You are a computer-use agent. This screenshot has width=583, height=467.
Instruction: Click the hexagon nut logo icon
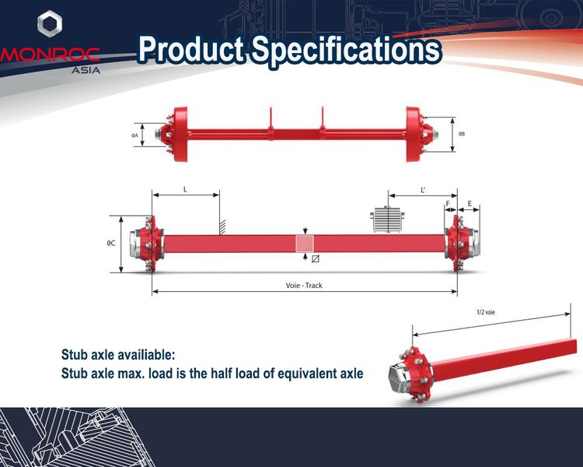(x=50, y=23)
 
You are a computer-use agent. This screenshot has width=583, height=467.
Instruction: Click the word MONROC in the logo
(x=50, y=54)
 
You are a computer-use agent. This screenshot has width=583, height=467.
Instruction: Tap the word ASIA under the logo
(x=86, y=70)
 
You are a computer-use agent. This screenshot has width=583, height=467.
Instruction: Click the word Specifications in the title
(x=347, y=50)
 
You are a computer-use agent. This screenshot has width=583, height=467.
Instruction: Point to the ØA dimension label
(x=134, y=135)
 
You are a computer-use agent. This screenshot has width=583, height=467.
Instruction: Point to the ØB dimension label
(x=462, y=134)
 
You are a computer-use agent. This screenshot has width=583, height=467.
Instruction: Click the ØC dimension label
(x=111, y=243)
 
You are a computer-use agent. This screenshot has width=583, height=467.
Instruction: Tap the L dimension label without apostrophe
(x=185, y=190)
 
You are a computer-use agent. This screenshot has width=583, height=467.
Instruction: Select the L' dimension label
(x=423, y=190)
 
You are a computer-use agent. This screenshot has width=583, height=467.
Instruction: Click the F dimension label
(x=448, y=204)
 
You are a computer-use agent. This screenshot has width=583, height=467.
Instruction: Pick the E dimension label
(x=470, y=204)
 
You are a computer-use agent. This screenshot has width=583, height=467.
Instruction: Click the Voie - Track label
(x=304, y=286)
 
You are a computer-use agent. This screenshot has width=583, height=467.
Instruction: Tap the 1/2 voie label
(x=486, y=312)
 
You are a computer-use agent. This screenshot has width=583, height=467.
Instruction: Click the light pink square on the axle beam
(x=305, y=244)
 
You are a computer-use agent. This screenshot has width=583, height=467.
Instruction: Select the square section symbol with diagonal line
(x=316, y=258)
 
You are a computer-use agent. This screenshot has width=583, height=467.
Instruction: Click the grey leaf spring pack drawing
(x=386, y=219)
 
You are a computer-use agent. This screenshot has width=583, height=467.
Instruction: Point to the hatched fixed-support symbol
(x=222, y=227)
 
